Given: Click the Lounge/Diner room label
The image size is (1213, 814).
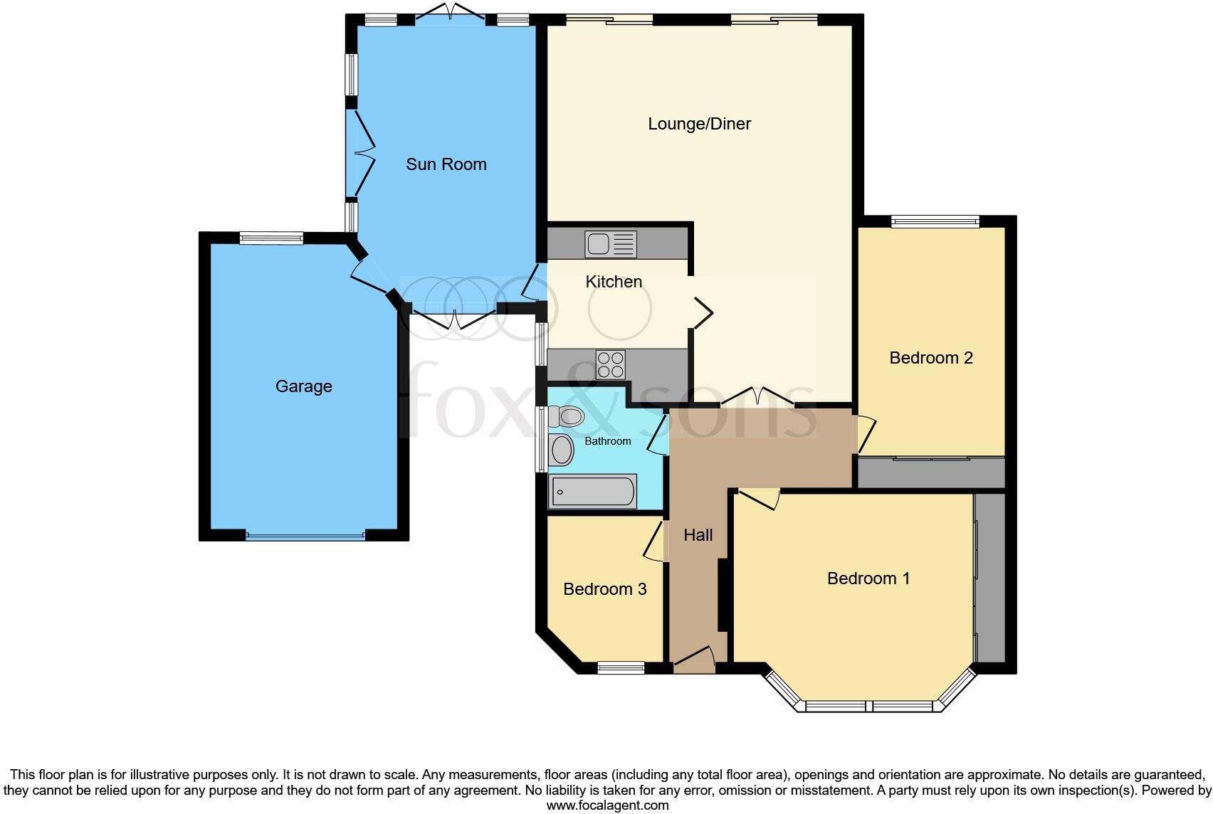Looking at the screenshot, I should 699,124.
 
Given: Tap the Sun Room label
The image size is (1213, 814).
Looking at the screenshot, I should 446,164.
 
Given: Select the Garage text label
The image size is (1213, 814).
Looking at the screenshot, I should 304,386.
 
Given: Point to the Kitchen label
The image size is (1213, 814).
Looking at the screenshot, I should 614,282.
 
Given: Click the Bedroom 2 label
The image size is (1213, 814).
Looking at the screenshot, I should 931,358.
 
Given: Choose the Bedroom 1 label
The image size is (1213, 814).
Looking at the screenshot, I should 868,578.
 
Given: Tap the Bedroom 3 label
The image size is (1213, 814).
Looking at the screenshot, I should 604,589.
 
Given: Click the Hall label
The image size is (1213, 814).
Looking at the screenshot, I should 698,535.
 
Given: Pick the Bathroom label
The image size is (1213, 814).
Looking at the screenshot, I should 608,441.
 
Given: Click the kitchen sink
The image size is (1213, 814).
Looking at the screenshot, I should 611,244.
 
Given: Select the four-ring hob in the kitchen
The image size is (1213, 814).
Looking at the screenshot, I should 610,364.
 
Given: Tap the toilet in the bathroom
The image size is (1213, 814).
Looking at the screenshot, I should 566,416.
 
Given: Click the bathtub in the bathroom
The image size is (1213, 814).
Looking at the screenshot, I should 592,491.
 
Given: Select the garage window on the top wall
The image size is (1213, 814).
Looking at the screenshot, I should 271,238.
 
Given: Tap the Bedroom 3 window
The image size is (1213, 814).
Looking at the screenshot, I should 621,667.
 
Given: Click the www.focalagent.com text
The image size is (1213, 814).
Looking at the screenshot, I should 607,805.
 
